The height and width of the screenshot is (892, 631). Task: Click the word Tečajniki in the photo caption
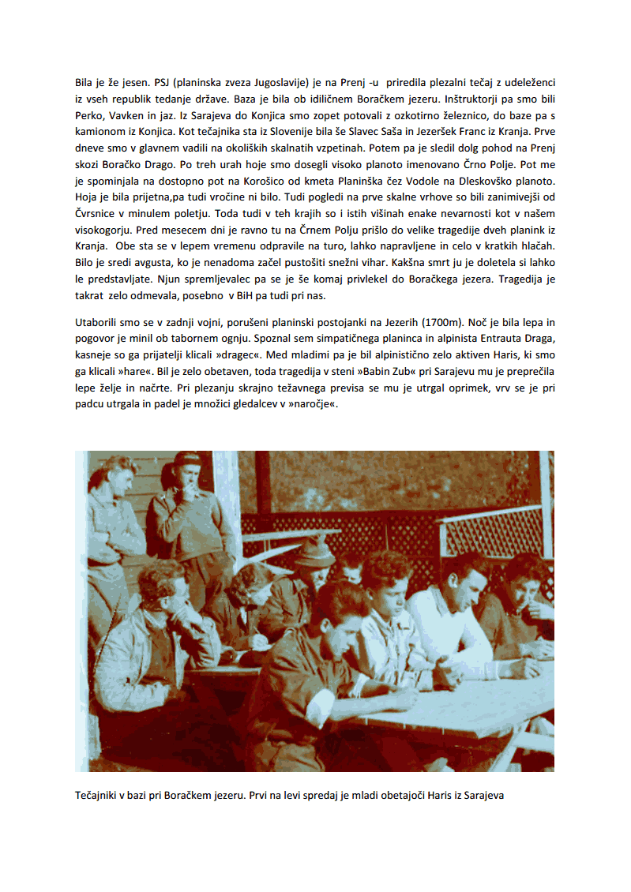[x=99, y=796]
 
